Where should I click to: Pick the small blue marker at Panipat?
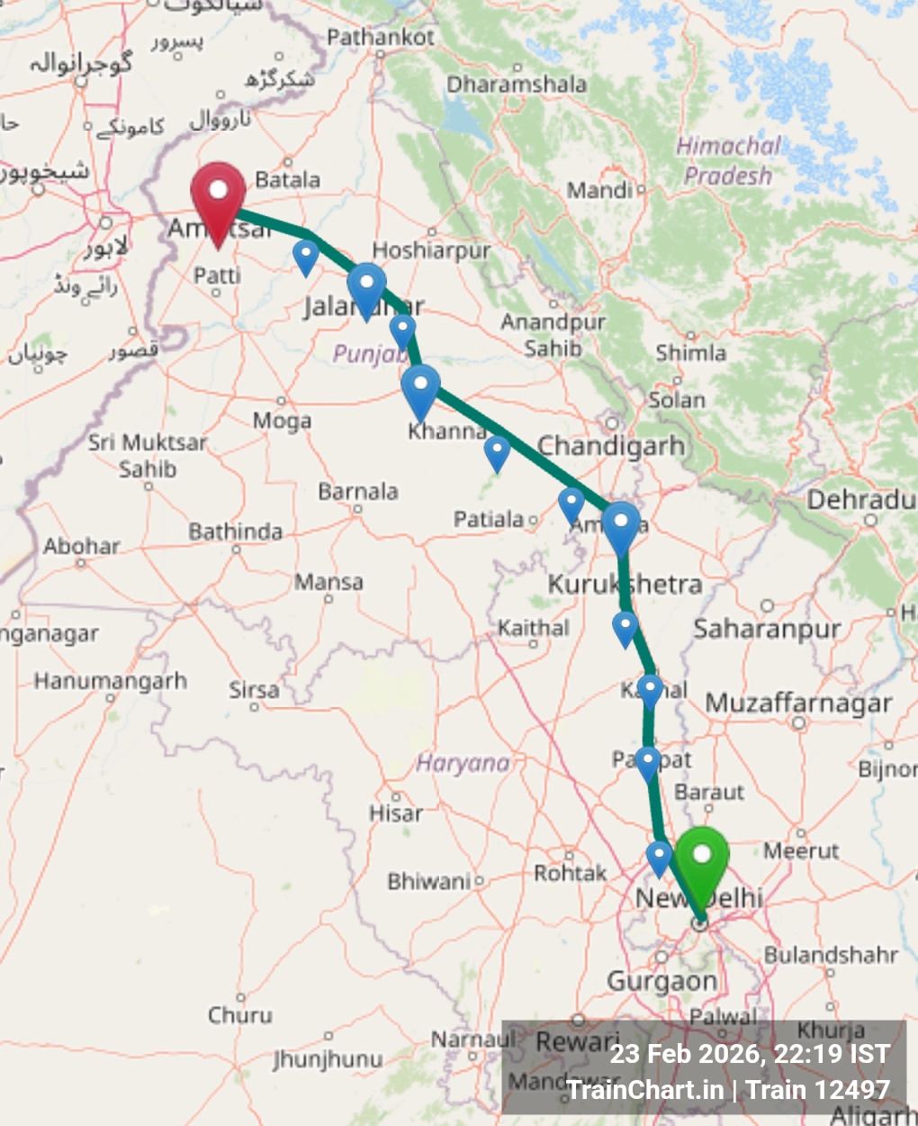648,762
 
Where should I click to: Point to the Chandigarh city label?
611,446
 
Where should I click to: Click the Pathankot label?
381,38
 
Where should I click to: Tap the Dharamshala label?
517,85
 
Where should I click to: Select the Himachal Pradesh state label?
728,160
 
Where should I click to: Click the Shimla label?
690,352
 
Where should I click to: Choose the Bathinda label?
235,532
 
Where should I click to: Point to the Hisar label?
395,813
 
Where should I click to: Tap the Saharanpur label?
767,629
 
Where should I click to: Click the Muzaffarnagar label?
798,704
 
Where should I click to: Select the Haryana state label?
463,764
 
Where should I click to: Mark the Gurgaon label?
662,981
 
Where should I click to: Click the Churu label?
240,1015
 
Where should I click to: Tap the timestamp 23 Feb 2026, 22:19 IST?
750,1054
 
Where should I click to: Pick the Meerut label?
801,851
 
